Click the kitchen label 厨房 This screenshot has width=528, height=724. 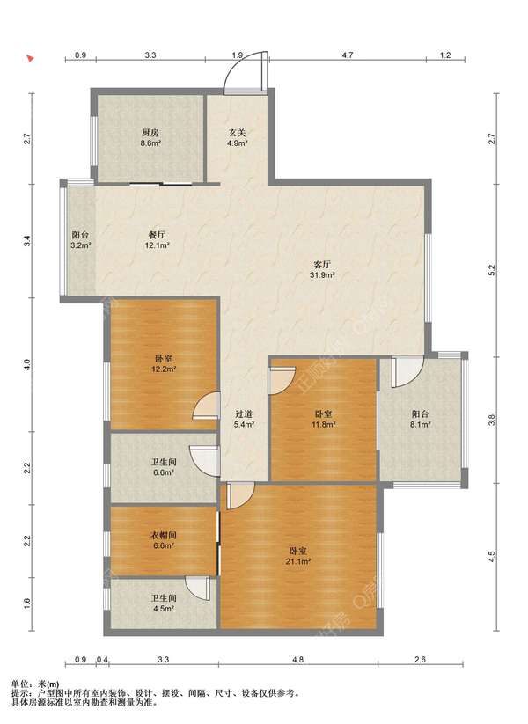click(x=150, y=133)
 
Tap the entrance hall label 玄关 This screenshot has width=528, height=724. click(x=238, y=133)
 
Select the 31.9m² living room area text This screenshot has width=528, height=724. click(x=322, y=275)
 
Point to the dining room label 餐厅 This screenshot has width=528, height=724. click(x=157, y=235)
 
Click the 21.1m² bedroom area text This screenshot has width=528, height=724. click(x=298, y=561)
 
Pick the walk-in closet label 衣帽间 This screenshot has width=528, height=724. click(x=164, y=536)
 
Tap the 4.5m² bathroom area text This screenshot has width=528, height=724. click(x=164, y=609)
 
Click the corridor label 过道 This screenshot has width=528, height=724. click(x=244, y=414)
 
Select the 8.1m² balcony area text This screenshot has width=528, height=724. click(x=420, y=424)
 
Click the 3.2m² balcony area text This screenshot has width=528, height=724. click(x=80, y=245)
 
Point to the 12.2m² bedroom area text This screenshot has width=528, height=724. click(x=164, y=369)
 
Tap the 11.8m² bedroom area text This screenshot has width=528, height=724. click(x=323, y=424)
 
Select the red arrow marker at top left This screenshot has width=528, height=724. click(x=30, y=59)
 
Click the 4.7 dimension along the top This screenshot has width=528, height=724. click(x=348, y=55)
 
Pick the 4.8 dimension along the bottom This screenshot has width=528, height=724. click(x=298, y=660)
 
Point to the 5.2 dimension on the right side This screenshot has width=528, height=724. click(x=492, y=270)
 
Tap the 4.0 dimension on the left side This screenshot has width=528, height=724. click(x=27, y=365)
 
